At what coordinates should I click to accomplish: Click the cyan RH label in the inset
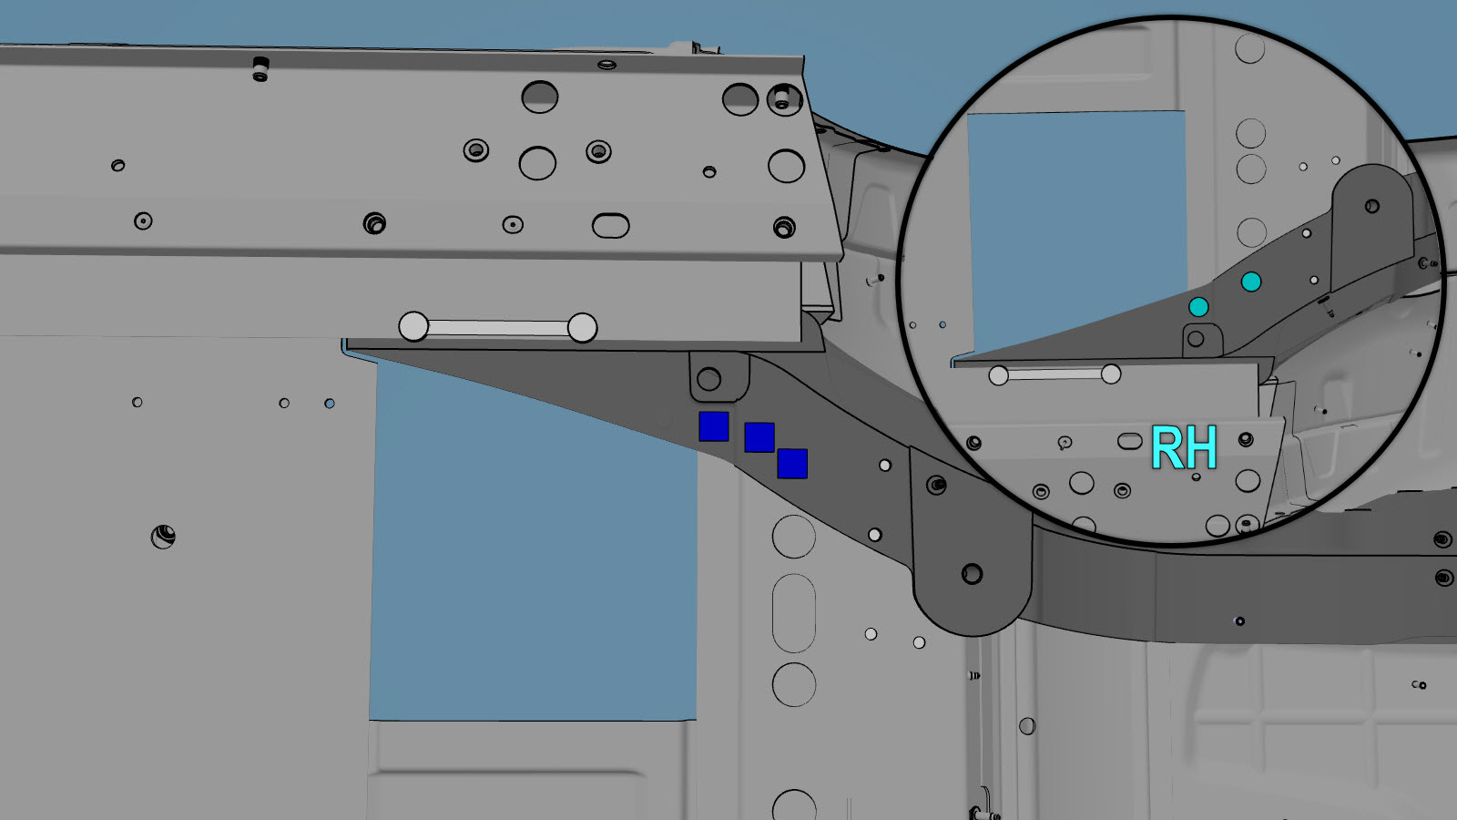(x=1184, y=447)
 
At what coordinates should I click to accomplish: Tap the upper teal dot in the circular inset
(x=1251, y=282)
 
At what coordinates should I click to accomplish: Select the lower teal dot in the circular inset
(x=1198, y=306)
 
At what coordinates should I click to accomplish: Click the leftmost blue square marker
(x=714, y=426)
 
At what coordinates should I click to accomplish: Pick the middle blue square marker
(x=759, y=437)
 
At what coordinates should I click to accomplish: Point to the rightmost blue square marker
(x=792, y=464)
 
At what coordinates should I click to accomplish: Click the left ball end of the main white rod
(x=413, y=326)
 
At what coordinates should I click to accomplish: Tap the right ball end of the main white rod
(x=582, y=327)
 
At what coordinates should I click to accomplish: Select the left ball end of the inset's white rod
(x=998, y=375)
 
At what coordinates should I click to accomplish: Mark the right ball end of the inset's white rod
(x=1111, y=374)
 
